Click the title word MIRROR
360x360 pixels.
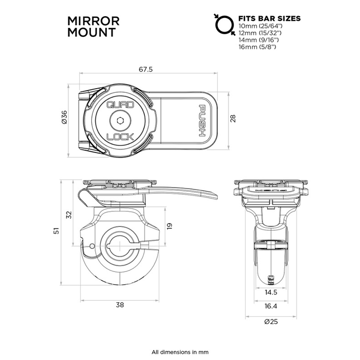pos(94,21)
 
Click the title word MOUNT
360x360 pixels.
pos(91,32)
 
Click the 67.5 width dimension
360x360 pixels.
pos(145,70)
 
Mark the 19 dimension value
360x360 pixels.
pos(170,226)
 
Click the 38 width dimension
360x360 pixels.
pos(120,305)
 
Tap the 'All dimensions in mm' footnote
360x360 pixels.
pos(180,352)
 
